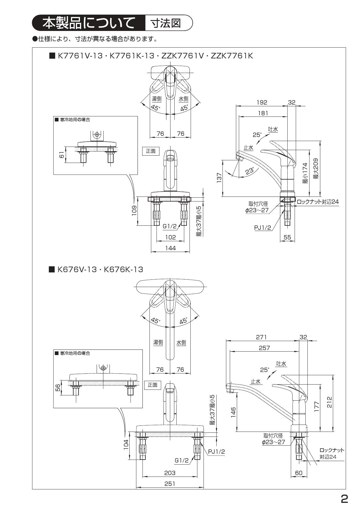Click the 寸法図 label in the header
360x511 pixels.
pos(166,22)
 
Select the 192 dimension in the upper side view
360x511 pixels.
pos(262,102)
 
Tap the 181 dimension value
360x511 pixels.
pos(263,113)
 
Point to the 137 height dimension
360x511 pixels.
pos(220,178)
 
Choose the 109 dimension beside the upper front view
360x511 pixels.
pos(134,211)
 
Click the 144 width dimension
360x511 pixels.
pos(171,248)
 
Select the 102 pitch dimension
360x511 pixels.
pos(171,237)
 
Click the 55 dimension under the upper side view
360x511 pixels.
pos(287,237)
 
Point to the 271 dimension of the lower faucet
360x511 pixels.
pos(261,337)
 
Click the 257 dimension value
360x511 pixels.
pos(264,348)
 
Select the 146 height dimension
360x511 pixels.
pos(233,412)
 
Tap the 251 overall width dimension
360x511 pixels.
pos(170,484)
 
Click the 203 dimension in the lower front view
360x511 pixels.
pos(170,473)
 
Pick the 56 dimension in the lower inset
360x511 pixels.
pos(58,388)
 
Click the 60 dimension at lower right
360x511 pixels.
pos(299,473)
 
